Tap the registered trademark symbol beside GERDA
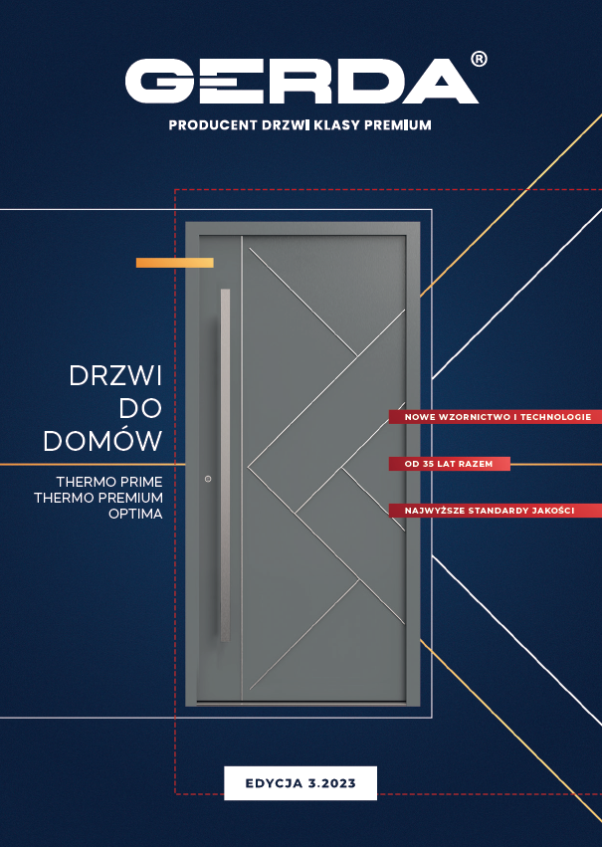click(x=479, y=60)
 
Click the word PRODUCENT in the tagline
click(x=206, y=126)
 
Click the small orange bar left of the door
click(x=175, y=263)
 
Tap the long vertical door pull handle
click(x=225, y=464)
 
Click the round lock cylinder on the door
click(x=207, y=480)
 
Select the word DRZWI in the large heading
click(x=115, y=375)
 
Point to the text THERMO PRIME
click(x=109, y=481)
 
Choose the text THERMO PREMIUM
click(x=98, y=497)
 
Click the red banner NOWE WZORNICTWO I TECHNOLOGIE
click(x=497, y=416)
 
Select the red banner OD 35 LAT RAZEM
click(x=449, y=464)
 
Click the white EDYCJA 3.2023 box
click(x=301, y=782)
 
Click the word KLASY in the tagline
click(x=341, y=126)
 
